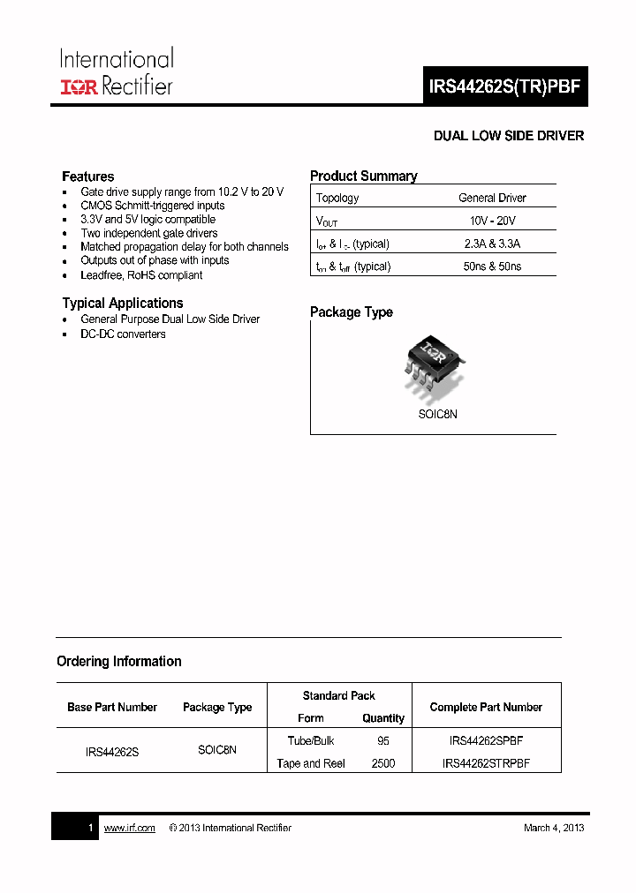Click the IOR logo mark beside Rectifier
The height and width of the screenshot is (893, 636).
[x=79, y=86]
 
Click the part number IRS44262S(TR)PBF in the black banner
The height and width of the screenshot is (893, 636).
[x=504, y=87]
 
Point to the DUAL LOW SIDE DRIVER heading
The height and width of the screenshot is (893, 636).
[x=508, y=136]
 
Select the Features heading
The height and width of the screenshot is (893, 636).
[x=87, y=176]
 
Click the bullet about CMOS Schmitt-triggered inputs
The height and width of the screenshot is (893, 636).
[x=152, y=206]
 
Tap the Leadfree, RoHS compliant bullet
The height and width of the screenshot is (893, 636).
[x=141, y=274]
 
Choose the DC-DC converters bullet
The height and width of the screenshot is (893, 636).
[x=123, y=334]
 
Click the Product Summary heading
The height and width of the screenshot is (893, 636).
[x=363, y=176]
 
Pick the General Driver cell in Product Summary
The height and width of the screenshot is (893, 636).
[x=492, y=198]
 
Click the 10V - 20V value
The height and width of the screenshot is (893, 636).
[x=492, y=221]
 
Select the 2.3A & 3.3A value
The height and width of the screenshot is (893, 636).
[x=492, y=244]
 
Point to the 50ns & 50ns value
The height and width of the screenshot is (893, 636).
[x=492, y=266]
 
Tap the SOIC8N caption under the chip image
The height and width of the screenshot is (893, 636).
[x=437, y=414]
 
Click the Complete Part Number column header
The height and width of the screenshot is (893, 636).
[x=486, y=707]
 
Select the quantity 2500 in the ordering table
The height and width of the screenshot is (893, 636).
[x=383, y=763]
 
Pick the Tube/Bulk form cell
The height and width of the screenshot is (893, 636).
[x=311, y=741]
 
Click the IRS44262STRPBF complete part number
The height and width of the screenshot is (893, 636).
[x=486, y=763]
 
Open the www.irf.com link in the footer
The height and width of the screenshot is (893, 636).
[x=129, y=828]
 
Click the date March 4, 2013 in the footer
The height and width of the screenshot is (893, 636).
[x=553, y=828]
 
